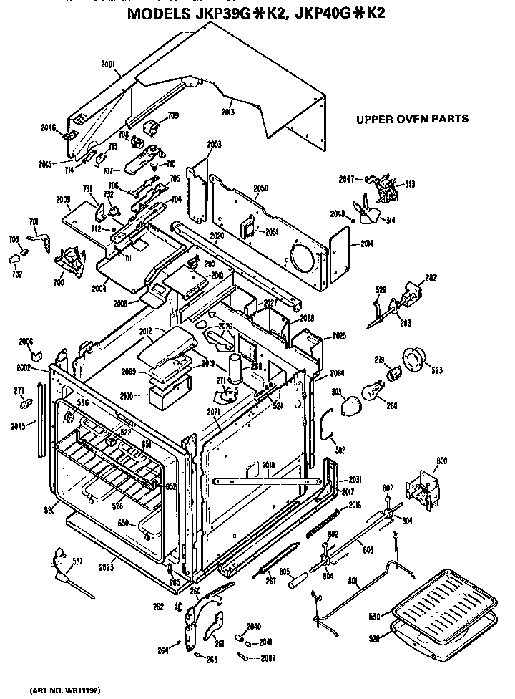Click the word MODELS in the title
[159, 14]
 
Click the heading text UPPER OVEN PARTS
[413, 119]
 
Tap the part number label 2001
[109, 64]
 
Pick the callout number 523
[437, 370]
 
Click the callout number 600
[441, 461]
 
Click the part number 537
[77, 561]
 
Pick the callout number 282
[431, 277]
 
